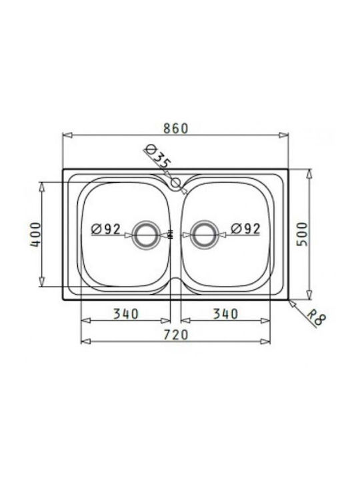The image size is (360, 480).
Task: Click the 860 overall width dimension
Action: tap(175, 128)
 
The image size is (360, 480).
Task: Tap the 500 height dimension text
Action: tap(302, 234)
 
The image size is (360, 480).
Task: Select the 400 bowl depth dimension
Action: tap(35, 235)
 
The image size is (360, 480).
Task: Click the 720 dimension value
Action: tap(175, 335)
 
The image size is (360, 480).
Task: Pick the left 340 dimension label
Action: tap(126, 314)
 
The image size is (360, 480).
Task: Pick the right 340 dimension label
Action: tap(225, 314)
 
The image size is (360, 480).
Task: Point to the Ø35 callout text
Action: tap(157, 156)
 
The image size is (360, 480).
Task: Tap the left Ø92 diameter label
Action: tap(106, 229)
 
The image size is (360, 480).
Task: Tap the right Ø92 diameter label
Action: tap(245, 229)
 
